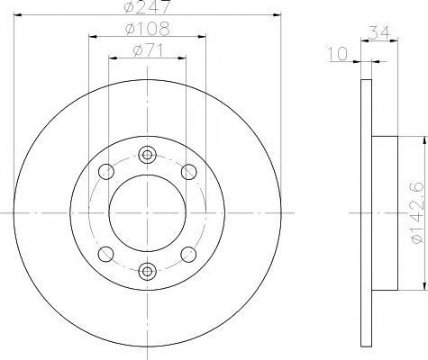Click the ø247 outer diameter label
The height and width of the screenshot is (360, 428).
[148, 6]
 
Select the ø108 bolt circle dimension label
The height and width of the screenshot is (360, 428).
[148, 29]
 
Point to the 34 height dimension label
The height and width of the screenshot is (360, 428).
[379, 32]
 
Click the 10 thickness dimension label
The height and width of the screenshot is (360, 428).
[337, 54]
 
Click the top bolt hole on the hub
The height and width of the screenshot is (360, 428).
[147, 155]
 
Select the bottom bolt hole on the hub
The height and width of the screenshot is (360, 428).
[147, 271]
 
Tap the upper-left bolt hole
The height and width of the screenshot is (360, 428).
[106, 172]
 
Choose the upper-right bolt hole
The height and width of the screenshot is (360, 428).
[189, 172]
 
